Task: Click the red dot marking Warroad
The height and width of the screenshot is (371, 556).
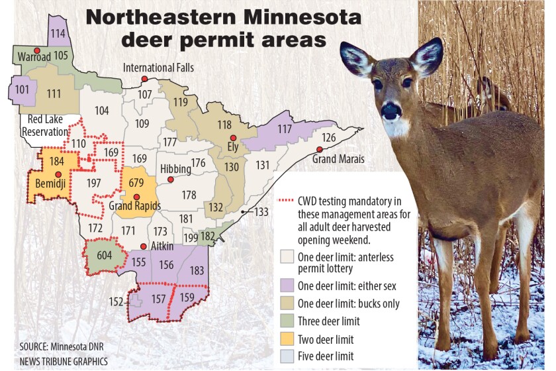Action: pyautogui.click(x=38, y=51)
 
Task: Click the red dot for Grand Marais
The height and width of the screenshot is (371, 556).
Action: pyautogui.click(x=319, y=150)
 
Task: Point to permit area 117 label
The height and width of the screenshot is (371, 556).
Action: pyautogui.click(x=285, y=129)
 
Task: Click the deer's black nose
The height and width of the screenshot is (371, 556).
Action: pyautogui.click(x=391, y=111)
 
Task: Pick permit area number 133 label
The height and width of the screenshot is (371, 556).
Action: pyautogui.click(x=262, y=212)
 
